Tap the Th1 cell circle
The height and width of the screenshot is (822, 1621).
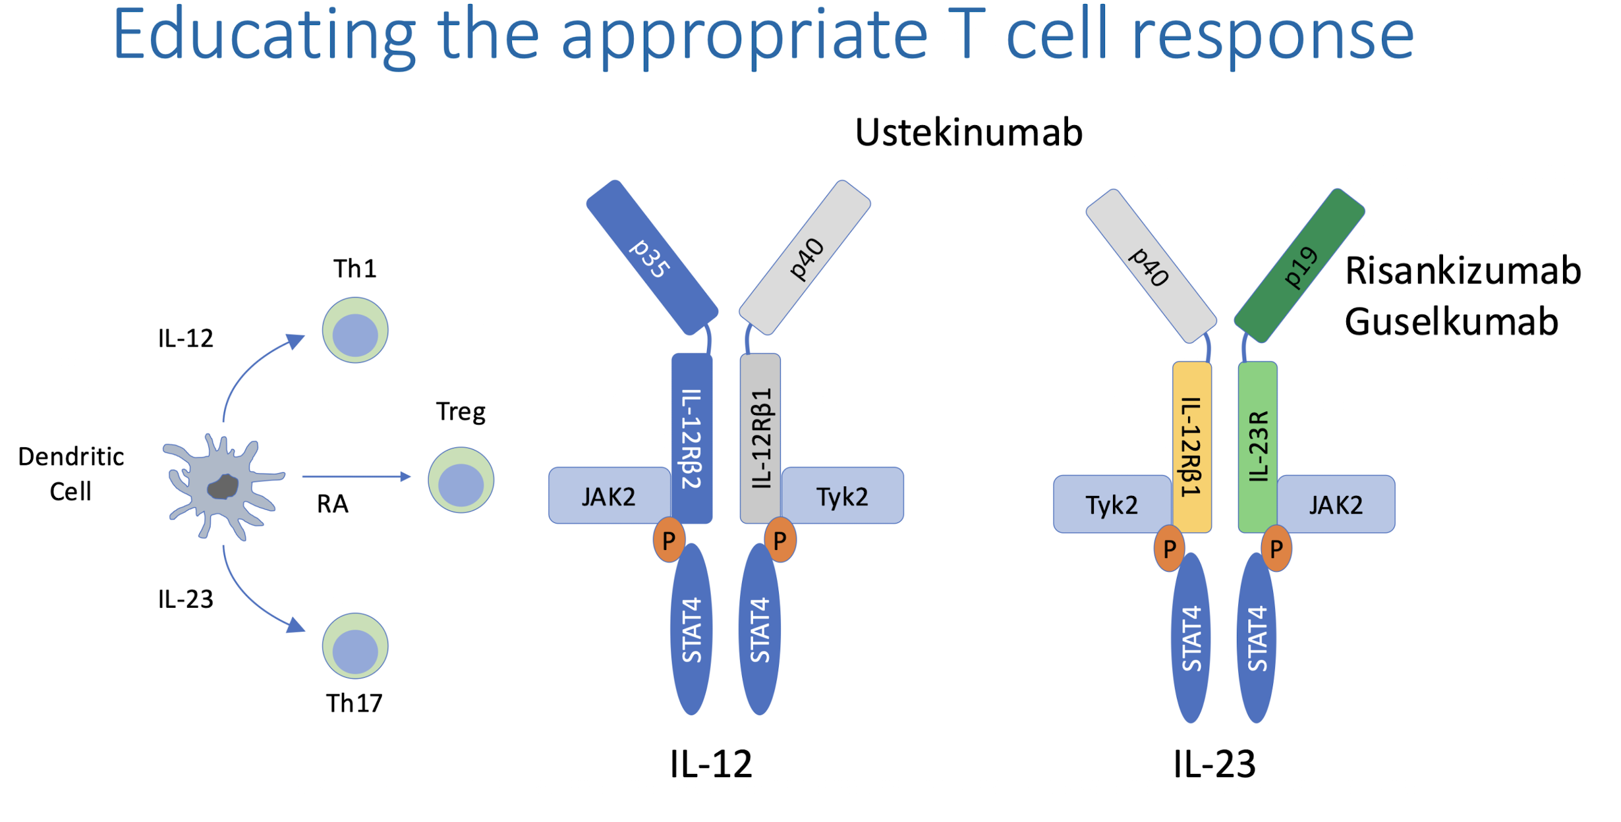tap(355, 330)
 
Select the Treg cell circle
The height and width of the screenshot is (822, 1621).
tap(461, 480)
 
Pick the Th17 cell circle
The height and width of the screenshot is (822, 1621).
tap(355, 646)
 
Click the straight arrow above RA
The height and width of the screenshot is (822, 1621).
tap(356, 476)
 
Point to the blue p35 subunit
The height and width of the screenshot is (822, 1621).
tap(652, 258)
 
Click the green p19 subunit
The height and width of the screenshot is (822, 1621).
tap(1299, 266)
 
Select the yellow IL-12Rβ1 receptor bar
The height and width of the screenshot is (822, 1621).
tap(1191, 447)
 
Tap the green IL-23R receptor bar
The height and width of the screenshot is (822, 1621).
tap(1257, 447)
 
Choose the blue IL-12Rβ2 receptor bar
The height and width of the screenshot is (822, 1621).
tap(691, 438)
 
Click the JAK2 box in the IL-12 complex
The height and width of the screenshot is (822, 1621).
tap(609, 496)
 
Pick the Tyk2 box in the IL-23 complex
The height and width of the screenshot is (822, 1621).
tap(1112, 505)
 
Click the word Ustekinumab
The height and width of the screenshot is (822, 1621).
tap(968, 132)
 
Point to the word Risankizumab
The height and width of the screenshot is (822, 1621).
tap(1462, 271)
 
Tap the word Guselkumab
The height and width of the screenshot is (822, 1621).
tap(1451, 322)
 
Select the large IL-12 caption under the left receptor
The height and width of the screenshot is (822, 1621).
tap(710, 764)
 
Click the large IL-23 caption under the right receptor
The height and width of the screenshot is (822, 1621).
tap(1214, 764)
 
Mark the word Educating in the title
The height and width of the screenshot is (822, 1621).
tap(264, 34)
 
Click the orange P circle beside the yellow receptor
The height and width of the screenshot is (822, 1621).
tap(1170, 548)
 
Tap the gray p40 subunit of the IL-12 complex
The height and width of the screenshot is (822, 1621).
tap(805, 258)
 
